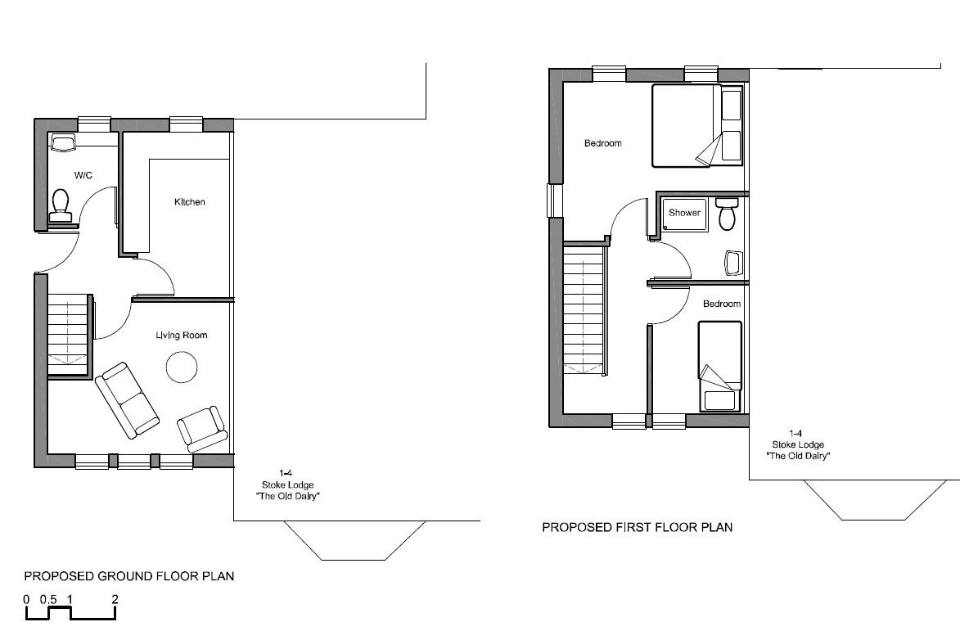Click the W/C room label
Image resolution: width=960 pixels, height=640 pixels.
tap(83, 175)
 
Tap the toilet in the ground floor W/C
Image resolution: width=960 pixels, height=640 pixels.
tap(61, 205)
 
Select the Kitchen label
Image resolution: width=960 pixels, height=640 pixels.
tap(189, 202)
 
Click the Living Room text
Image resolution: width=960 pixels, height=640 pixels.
tap(182, 335)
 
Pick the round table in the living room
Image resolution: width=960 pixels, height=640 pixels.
tap(182, 367)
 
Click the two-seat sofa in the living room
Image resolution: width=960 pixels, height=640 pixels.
tap(127, 399)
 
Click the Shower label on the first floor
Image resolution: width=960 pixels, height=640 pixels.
tap(684, 213)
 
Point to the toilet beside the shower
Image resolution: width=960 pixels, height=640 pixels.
tap(725, 214)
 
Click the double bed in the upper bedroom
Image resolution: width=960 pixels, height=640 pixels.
tap(697, 126)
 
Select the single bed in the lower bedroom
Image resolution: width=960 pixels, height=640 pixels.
tap(719, 366)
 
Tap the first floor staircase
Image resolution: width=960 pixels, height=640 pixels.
tap(584, 311)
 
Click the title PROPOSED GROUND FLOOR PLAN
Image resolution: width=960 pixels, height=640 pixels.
tap(129, 576)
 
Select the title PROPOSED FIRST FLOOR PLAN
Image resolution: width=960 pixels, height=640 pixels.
tap(638, 528)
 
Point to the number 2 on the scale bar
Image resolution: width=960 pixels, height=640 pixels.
tap(115, 599)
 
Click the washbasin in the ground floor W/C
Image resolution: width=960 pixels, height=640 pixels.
tap(63, 143)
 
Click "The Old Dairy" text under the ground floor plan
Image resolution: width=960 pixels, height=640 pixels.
tap(285, 497)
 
